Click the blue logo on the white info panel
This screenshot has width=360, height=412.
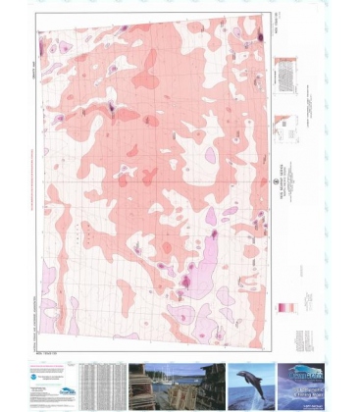point(61,370)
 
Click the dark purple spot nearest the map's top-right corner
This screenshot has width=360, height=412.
point(260,36)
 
